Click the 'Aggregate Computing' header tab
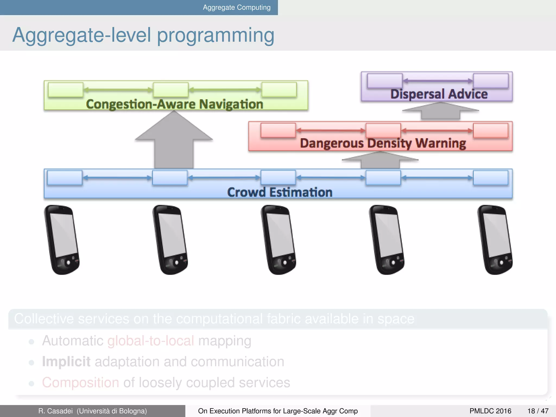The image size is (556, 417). [x=236, y=7]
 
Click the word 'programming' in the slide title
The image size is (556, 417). [x=216, y=36]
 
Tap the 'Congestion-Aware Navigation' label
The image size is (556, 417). [x=175, y=104]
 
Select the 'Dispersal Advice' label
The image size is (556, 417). [x=439, y=94]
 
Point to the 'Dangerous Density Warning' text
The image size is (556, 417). [x=383, y=143]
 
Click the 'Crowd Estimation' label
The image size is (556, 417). [x=280, y=192]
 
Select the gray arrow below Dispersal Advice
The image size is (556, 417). [x=440, y=112]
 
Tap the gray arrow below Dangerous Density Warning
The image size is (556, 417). [x=380, y=160]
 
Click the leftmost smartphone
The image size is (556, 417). [x=62, y=239]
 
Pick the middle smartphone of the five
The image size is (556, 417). [x=279, y=239]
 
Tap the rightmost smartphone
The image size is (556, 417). [x=495, y=239]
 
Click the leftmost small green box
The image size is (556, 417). [x=65, y=90]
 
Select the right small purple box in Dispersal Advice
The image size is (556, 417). [x=491, y=81]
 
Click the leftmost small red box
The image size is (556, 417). [x=278, y=131]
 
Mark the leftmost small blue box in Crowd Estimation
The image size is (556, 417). [x=65, y=178]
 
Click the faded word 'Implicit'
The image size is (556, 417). [x=66, y=362]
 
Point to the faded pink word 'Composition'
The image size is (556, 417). [x=80, y=383]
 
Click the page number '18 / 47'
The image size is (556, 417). [x=538, y=411]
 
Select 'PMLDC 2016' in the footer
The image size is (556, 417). [x=490, y=411]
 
